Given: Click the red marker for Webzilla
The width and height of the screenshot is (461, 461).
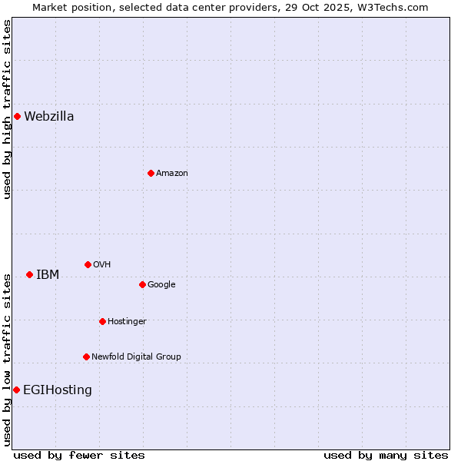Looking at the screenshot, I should [17, 117].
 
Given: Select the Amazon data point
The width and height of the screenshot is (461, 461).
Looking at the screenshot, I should [151, 174].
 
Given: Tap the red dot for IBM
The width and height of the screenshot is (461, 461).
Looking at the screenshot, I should [29, 275].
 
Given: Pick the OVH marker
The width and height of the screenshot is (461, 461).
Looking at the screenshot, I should [88, 265].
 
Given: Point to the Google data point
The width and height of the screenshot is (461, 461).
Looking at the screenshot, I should [142, 285].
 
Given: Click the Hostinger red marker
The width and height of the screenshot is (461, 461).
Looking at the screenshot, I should [102, 322].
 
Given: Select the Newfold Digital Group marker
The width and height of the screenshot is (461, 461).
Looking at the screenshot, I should [86, 357].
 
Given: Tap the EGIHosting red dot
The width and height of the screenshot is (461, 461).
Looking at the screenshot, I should [16, 390].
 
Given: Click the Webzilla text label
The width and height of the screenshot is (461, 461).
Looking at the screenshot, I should [49, 117].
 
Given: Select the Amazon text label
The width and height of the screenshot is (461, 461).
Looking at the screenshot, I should [172, 174].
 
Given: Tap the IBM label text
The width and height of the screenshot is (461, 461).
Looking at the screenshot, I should [48, 275].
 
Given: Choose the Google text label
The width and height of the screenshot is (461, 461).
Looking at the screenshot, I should [161, 285].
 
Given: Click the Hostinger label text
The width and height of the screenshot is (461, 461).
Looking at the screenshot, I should [127, 322].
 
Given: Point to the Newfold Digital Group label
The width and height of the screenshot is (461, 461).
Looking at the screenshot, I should [136, 357].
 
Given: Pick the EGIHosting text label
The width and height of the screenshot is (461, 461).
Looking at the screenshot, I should [58, 390].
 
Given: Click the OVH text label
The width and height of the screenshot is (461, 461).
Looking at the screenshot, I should [102, 265].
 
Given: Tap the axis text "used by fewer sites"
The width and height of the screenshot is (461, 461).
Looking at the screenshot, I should [79, 455].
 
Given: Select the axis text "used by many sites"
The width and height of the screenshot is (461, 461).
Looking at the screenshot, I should [386, 455].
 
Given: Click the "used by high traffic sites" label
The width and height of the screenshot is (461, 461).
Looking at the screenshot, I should [8, 109].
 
